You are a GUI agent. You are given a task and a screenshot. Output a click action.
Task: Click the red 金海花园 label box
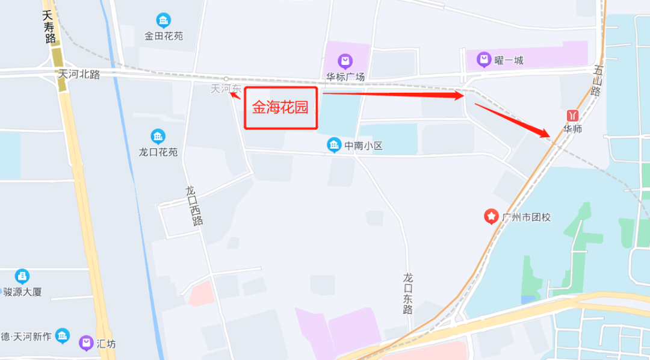(x=280, y=108)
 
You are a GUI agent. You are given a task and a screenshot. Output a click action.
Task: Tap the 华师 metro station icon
(x=572, y=114)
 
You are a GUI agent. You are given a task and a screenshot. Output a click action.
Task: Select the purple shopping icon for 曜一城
(x=483, y=60)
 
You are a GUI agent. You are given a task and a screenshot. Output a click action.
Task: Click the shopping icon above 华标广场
(x=345, y=61)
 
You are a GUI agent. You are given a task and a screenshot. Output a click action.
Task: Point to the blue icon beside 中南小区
(x=333, y=145)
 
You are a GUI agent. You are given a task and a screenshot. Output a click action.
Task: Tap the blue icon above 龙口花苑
(x=158, y=136)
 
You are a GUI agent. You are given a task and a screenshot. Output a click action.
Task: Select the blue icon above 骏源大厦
(x=22, y=276)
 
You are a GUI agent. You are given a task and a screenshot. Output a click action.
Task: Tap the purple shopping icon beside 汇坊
(x=86, y=344)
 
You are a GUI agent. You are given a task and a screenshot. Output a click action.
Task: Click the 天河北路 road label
(x=79, y=74)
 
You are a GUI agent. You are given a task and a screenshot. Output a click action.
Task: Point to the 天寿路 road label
(x=49, y=27)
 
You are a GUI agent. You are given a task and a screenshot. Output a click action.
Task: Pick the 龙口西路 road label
(x=194, y=205)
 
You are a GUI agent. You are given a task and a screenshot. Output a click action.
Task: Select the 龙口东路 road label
(x=409, y=293)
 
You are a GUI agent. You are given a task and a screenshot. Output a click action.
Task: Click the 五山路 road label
(x=596, y=82)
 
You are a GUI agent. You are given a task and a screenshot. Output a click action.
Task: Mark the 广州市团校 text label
(x=526, y=217)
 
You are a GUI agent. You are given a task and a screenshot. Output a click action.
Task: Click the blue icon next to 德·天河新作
(x=63, y=336)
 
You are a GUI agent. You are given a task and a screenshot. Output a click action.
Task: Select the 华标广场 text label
(x=345, y=77)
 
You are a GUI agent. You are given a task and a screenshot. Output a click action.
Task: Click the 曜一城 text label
(x=509, y=60)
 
